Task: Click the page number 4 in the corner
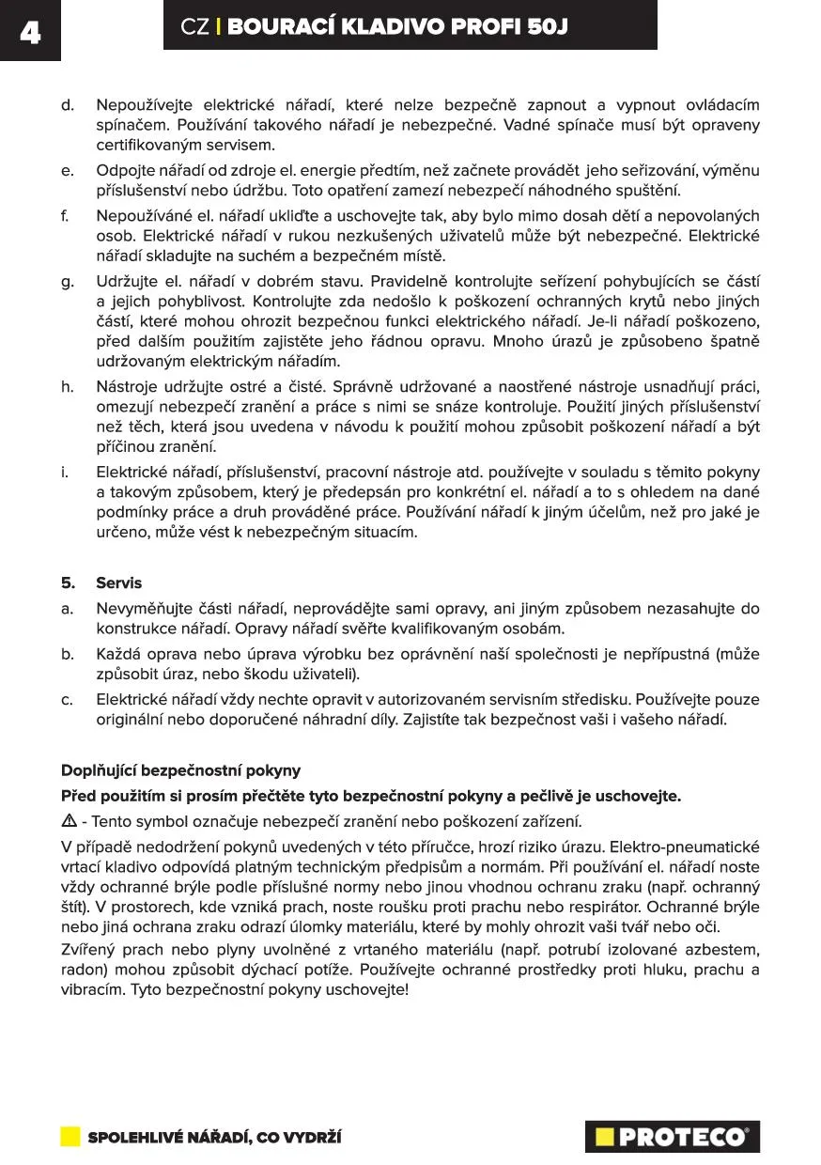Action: click(29, 32)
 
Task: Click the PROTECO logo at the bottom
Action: click(672, 1137)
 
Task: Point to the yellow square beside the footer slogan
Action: click(70, 1137)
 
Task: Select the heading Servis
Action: click(118, 582)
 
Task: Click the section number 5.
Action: click(67, 582)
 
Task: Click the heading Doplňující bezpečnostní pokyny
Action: click(180, 770)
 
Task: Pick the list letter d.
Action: click(67, 105)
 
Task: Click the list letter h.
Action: click(67, 385)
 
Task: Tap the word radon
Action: click(80, 970)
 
